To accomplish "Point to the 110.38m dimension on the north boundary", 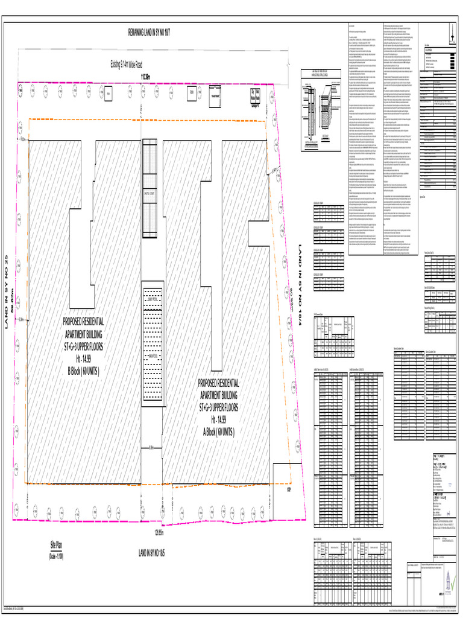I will (146, 77).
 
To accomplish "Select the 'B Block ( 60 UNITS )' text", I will (84, 369).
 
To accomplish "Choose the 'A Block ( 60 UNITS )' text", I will (219, 432).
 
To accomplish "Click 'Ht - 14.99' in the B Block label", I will (84, 358).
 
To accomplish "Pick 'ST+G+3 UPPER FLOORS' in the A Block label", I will (219, 408).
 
